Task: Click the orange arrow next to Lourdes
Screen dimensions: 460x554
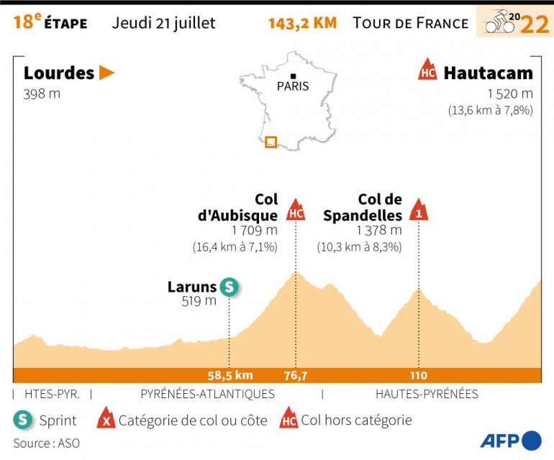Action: coord(107,73)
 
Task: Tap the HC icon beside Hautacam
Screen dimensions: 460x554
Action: coord(427,70)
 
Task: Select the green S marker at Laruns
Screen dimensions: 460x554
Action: coord(229,287)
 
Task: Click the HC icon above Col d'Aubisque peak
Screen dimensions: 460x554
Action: coord(295,211)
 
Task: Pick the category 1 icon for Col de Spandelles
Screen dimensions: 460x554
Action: coord(419,210)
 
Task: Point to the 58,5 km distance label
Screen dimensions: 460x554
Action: coord(229,375)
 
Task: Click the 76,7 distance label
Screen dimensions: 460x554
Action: coord(295,375)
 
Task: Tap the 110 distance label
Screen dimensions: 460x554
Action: coord(419,375)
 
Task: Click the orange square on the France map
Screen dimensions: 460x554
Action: coord(271,142)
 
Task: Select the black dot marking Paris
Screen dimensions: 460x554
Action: coord(294,76)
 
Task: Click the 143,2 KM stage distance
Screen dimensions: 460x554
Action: coord(302,23)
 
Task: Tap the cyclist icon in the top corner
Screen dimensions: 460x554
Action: coord(499,23)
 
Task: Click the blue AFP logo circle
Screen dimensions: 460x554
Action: coord(532,440)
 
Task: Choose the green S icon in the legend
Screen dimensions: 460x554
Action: coord(23,420)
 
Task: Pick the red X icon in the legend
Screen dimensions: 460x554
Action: coord(107,420)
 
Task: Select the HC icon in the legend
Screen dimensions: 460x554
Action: coord(289,420)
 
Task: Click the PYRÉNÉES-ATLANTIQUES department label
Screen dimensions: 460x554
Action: coord(207,394)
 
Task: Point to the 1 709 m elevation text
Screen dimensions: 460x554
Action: coord(255,231)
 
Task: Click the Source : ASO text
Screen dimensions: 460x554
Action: coord(46,443)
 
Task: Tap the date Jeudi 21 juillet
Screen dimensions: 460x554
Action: coord(164,23)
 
